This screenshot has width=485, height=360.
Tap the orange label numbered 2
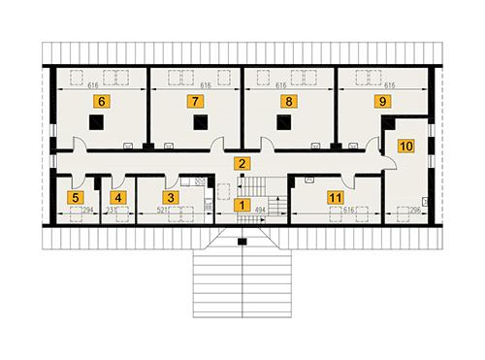[x=242, y=164]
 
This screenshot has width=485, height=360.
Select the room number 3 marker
[x=171, y=198]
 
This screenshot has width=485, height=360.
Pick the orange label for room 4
[x=118, y=198]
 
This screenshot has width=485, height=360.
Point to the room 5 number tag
[x=75, y=198]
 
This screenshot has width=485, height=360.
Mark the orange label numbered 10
[x=405, y=147]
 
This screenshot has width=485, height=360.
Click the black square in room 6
[x=96, y=122]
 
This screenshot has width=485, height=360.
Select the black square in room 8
[x=285, y=122]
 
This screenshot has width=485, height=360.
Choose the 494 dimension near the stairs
[x=260, y=209]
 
